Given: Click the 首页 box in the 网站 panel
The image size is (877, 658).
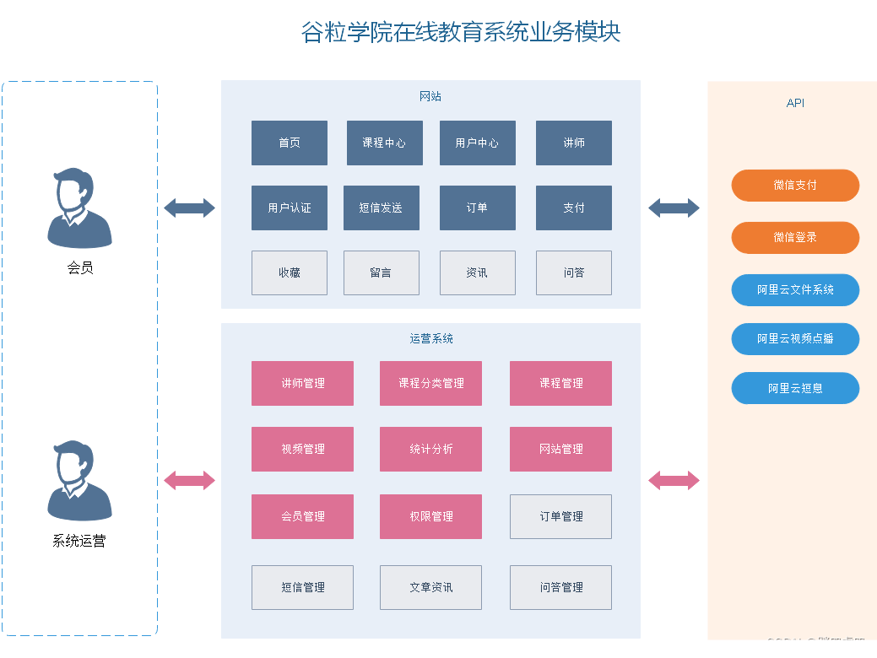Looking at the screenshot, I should (x=290, y=143).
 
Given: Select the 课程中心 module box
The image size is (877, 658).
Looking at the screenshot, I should (x=384, y=143).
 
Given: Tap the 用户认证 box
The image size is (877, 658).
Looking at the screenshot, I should (x=290, y=208).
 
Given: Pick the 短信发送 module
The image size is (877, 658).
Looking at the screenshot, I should (x=381, y=208).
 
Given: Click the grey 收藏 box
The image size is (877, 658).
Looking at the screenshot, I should (x=290, y=272).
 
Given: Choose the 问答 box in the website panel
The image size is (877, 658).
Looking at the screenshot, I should (x=574, y=272).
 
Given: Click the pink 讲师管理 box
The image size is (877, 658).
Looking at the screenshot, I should (x=302, y=383).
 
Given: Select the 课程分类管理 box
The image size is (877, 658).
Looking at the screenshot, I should (x=430, y=383).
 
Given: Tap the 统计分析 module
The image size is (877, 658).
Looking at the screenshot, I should (x=430, y=449).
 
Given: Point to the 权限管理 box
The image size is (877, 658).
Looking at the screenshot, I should (x=430, y=516).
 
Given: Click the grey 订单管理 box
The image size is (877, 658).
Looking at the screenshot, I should (x=560, y=516).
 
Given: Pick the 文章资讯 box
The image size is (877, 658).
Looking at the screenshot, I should (x=430, y=587).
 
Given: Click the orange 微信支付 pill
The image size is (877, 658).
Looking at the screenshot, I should (x=795, y=185).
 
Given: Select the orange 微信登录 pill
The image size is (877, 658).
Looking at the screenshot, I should (x=795, y=237).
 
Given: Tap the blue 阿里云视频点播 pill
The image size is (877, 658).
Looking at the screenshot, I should (x=795, y=338).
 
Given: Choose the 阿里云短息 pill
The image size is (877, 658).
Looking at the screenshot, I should (x=795, y=388).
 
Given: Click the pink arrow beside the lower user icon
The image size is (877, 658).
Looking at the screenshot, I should (x=189, y=480).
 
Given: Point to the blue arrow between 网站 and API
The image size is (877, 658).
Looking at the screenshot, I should (x=674, y=208).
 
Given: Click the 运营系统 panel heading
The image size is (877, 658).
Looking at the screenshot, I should (x=430, y=338).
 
